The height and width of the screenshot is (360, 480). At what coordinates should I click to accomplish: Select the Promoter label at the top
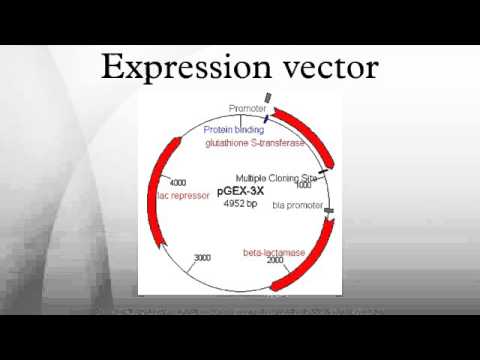[x=247, y=108]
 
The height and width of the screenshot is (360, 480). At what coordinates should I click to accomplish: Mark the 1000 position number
[x=303, y=185]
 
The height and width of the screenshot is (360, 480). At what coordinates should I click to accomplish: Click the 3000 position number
[x=202, y=258]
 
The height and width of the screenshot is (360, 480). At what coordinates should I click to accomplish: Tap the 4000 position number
[x=179, y=183]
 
